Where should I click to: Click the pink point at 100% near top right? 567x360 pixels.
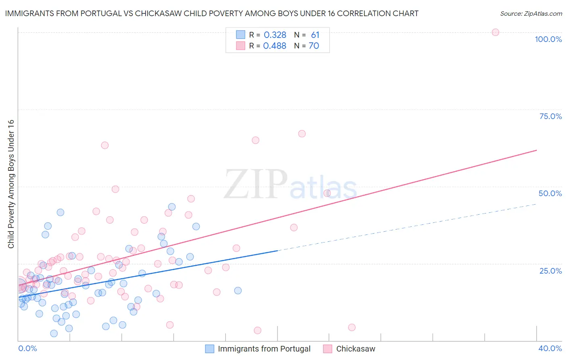(495, 32)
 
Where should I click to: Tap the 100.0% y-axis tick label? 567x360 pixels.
(548, 39)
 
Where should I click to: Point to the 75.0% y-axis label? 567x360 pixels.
(550, 116)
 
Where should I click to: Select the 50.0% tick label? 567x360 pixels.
(550, 193)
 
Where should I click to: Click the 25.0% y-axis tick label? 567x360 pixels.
(550, 271)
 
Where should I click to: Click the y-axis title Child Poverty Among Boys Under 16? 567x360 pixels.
(11, 184)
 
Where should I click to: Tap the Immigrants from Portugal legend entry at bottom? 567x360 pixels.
(264, 349)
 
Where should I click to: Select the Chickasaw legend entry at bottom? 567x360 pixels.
(355, 349)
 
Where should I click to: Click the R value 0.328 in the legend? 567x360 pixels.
(275, 35)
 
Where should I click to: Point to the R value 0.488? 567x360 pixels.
(275, 46)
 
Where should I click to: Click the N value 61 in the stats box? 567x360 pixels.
(315, 35)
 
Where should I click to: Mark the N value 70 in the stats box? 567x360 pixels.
(314, 46)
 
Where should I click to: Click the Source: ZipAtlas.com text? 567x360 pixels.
(531, 14)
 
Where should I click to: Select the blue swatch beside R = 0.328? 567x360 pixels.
(241, 35)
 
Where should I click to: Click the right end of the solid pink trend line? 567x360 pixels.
(536, 150)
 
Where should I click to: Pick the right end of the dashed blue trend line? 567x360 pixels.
(536, 204)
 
